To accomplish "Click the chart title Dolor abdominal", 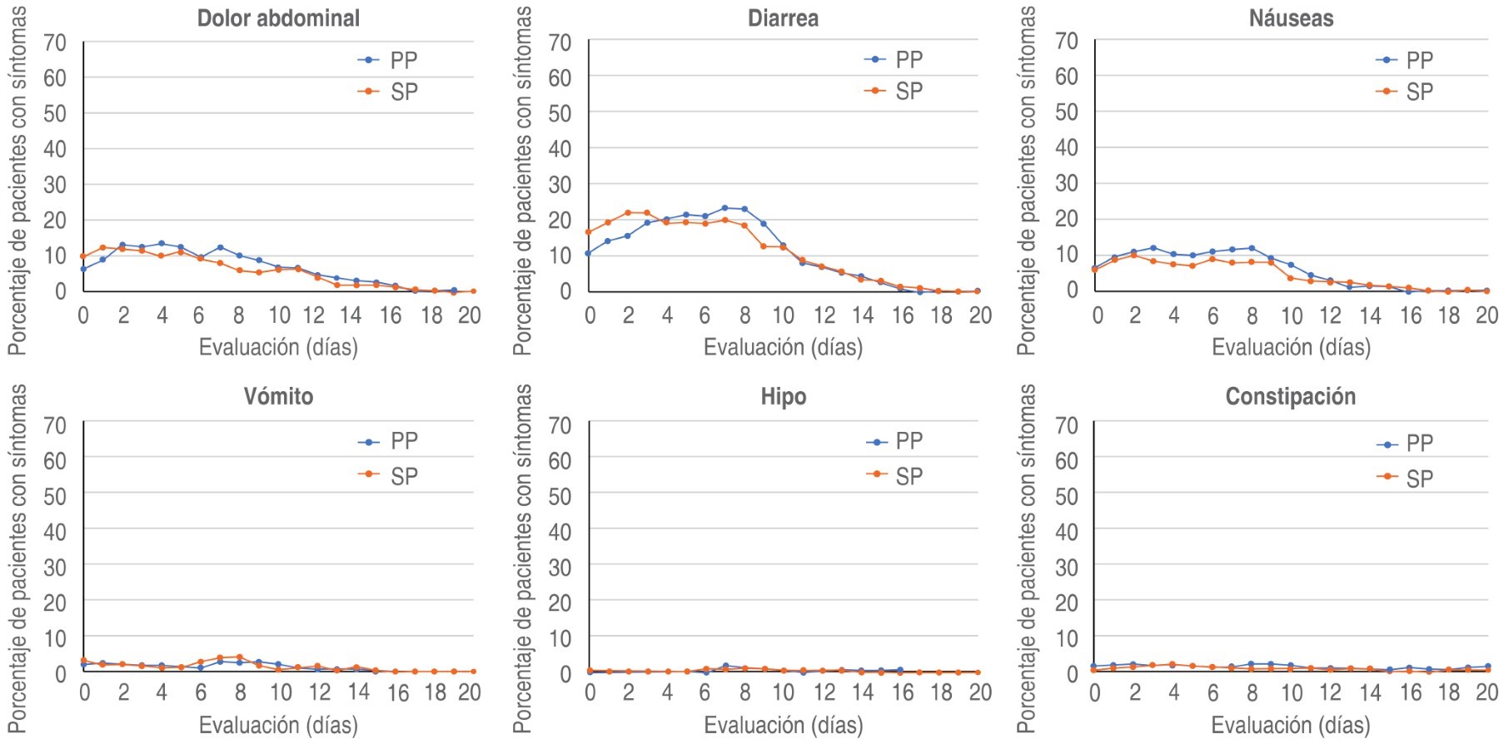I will click(x=278, y=18).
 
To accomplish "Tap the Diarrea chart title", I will click(x=783, y=18).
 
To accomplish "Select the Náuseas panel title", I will click(x=1291, y=18).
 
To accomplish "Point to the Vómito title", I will click(x=278, y=396).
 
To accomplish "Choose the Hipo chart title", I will click(x=783, y=396).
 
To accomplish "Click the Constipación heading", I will click(x=1290, y=396).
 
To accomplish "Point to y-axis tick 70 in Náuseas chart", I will click(x=1066, y=41).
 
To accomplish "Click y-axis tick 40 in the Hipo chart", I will click(x=560, y=531).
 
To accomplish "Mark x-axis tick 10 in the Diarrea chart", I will click(x=783, y=315).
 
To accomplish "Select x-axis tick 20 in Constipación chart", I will click(x=1487, y=692).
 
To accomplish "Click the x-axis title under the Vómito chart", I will click(x=278, y=725).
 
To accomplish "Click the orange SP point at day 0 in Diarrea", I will click(x=589, y=232).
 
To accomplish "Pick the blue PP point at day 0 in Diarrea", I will click(x=589, y=253).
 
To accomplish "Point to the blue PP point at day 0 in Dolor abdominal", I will click(x=83, y=269).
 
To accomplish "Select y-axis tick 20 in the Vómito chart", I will click(x=55, y=602).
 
